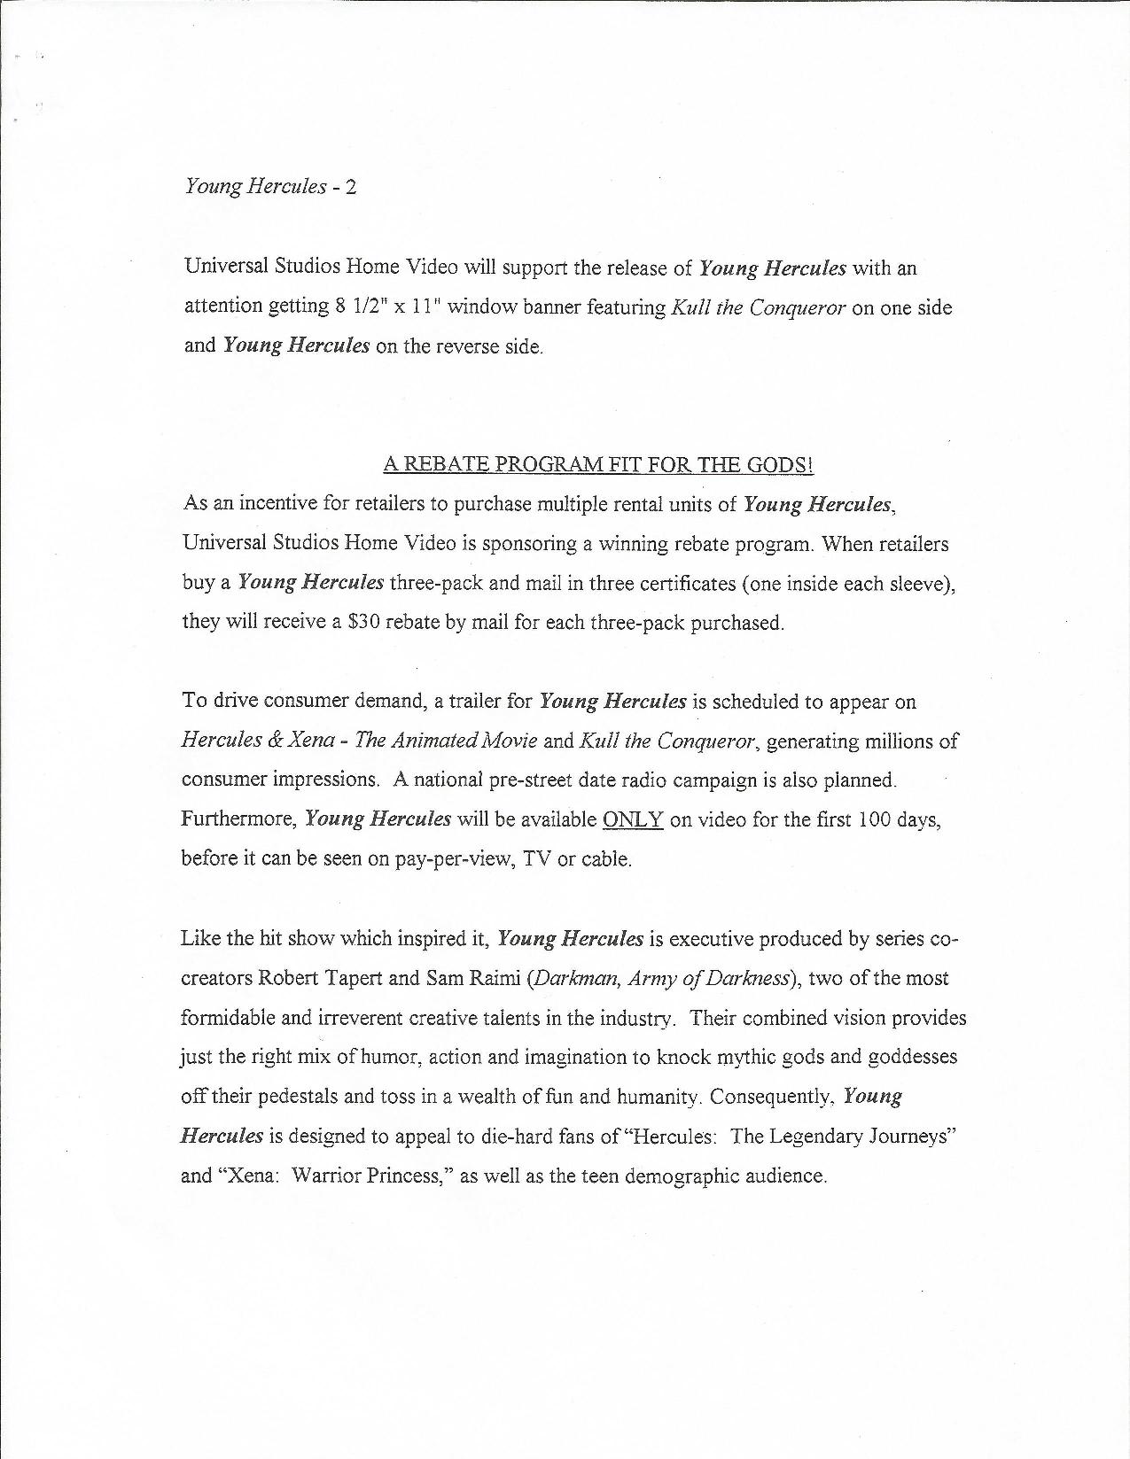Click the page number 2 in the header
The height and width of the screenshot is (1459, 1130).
[352, 188]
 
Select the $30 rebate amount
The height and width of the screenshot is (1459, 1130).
[364, 622]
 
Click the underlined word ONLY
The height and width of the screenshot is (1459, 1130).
[633, 819]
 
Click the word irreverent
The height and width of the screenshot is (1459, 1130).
[341, 1018]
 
